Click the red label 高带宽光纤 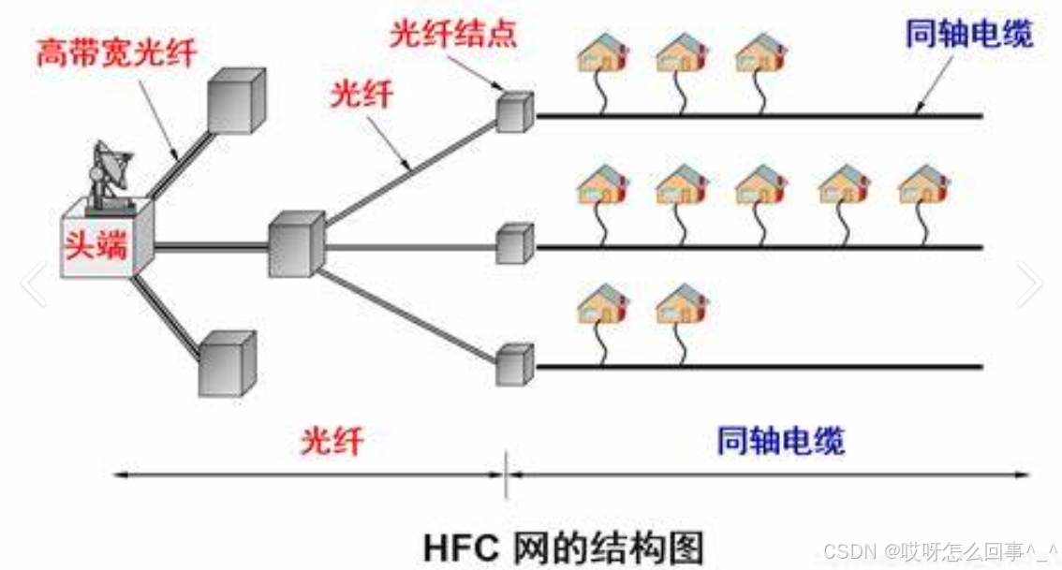[117, 52]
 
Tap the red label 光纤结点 [453, 34]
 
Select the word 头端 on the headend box [96, 244]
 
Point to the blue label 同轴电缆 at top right [970, 34]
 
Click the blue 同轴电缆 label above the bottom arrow [781, 439]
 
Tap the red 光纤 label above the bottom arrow [332, 439]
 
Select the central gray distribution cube [295, 244]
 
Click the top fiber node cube [514, 111]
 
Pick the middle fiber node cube [514, 243]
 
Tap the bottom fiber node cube [514, 363]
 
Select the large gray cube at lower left [227, 363]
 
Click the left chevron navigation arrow [34, 284]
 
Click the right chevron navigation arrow [1029, 284]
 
